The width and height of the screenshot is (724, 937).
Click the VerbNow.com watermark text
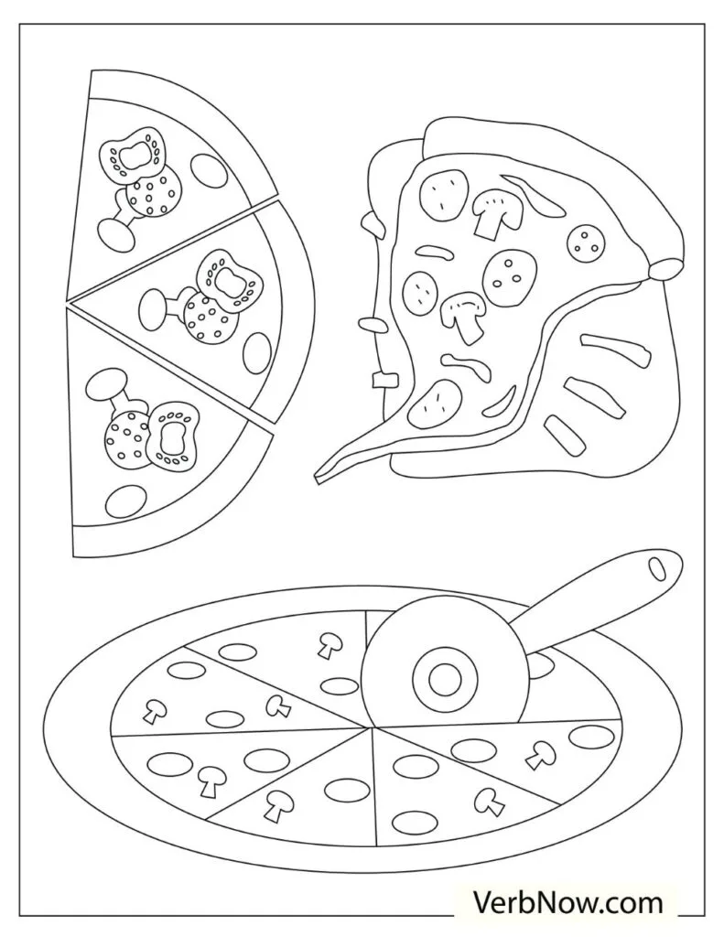click(567, 905)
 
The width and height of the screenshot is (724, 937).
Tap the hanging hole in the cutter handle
click(657, 566)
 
